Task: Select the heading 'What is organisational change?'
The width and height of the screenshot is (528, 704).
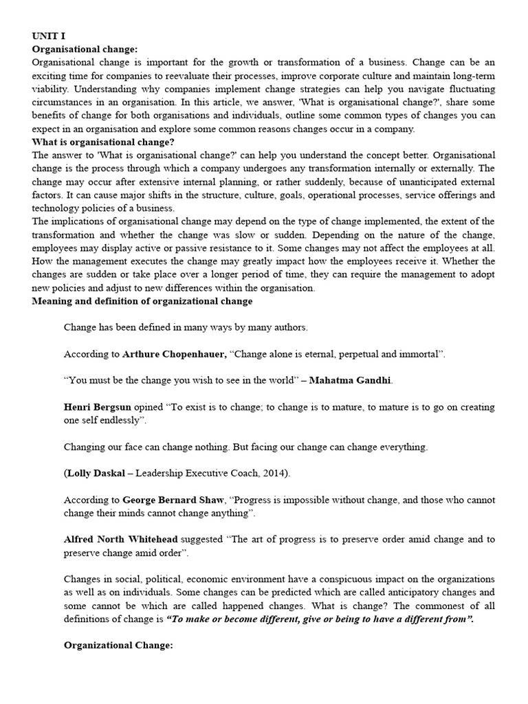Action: pyautogui.click(x=103, y=142)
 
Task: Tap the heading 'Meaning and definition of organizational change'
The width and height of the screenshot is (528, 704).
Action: pyautogui.click(x=142, y=301)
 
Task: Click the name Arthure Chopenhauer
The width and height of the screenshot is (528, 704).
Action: pyautogui.click(x=174, y=354)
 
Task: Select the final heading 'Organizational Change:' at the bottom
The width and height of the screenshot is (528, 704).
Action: pyautogui.click(x=118, y=646)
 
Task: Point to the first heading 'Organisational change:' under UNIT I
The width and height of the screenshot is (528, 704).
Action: pyautogui.click(x=85, y=49)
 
